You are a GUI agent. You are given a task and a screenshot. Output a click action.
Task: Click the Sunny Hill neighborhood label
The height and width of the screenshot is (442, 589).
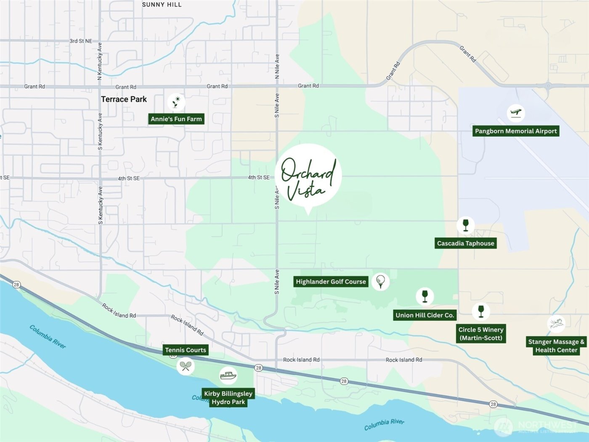point(162,5)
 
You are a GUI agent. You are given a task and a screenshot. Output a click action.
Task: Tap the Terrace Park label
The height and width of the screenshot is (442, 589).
point(124,99)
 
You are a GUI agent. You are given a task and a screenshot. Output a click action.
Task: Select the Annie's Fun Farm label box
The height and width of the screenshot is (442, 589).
point(176,119)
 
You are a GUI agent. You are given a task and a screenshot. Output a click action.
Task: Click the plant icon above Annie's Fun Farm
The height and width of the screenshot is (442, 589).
point(176,102)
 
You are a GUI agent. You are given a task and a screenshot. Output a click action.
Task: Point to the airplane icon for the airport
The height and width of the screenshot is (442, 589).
point(515,113)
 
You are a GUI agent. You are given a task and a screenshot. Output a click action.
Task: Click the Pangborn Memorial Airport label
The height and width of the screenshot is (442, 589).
point(516,131)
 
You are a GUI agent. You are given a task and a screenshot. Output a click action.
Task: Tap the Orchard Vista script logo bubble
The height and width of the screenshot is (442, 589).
point(308,177)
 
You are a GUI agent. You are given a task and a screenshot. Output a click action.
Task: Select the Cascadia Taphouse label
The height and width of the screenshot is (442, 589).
point(465,243)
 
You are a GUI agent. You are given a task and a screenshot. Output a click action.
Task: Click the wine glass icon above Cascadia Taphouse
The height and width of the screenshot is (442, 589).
point(465,225)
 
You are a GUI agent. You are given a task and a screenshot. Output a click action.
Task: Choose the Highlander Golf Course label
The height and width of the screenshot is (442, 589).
point(331,282)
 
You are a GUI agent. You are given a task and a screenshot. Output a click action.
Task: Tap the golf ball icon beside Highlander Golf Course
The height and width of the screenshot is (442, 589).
point(380,281)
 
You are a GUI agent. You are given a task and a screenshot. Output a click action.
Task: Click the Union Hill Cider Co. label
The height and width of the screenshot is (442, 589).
point(425,315)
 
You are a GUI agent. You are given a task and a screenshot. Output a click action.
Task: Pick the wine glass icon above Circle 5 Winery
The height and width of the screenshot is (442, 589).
point(481,311)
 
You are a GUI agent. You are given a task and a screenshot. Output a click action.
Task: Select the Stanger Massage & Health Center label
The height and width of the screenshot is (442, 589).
point(556,346)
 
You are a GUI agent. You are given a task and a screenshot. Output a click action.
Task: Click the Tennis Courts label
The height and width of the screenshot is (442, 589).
point(186,350)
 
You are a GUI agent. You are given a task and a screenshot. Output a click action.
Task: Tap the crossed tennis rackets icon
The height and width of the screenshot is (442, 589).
point(185,365)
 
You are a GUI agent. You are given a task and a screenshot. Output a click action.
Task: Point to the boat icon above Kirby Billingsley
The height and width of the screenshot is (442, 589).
point(228,375)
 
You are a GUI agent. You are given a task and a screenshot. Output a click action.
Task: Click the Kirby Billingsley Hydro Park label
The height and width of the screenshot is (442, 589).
point(228,398)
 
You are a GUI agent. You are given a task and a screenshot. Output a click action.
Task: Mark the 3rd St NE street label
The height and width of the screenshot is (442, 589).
point(81,41)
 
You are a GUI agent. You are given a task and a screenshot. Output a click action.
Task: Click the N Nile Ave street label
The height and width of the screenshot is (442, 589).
point(277,66)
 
